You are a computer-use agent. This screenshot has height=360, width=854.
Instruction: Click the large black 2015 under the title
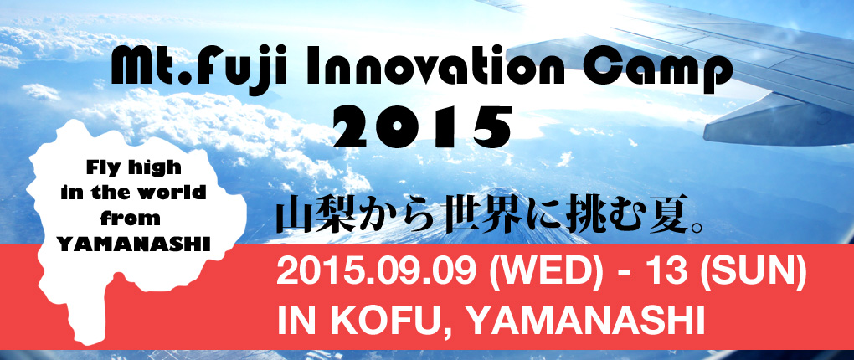point(423,126)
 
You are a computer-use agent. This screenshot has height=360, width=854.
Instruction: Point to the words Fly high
point(132,168)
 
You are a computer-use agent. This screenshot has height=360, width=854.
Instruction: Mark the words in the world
point(134,193)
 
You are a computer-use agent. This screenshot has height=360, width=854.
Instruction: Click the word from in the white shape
point(134,219)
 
